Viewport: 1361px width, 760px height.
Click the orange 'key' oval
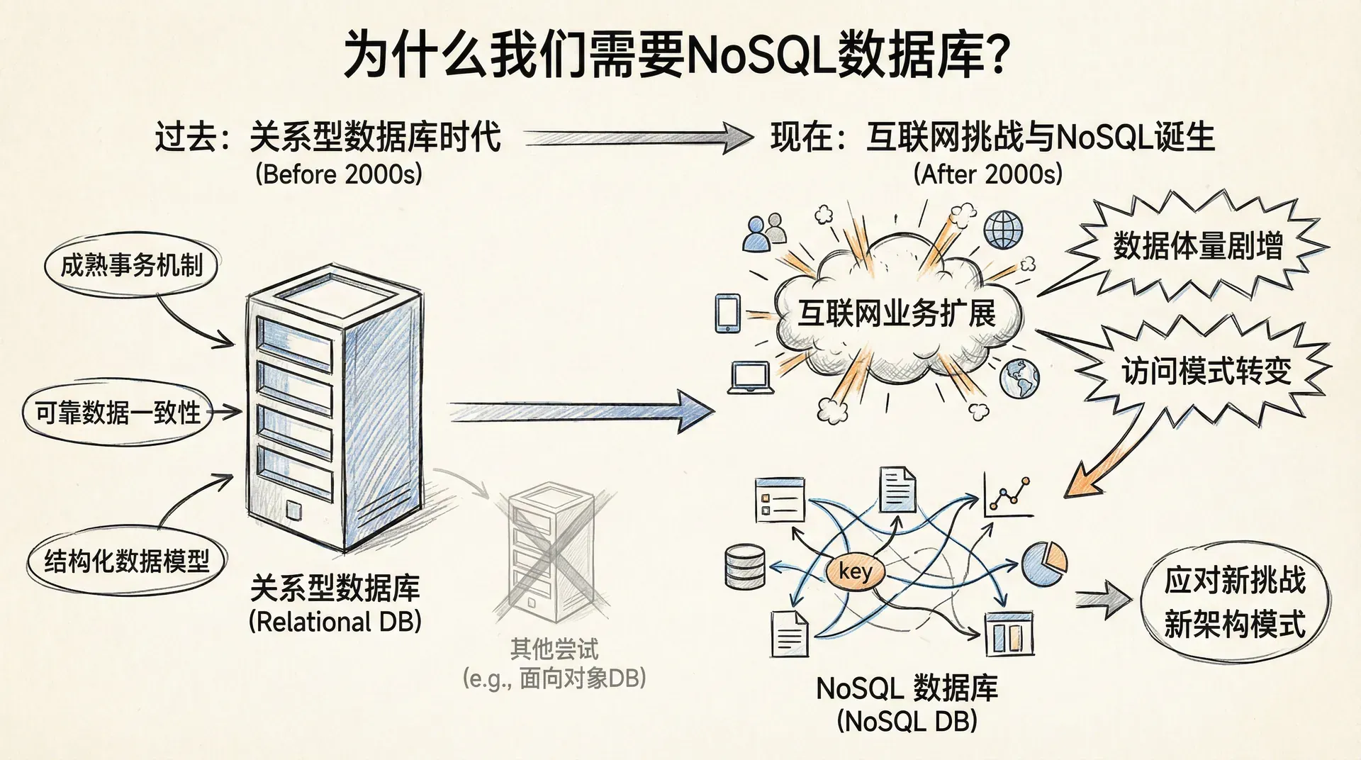[x=855, y=571]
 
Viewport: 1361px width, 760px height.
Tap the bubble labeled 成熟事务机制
[x=131, y=266]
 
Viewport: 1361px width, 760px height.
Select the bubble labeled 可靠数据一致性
[x=118, y=413]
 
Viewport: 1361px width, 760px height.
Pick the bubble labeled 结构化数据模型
[x=127, y=561]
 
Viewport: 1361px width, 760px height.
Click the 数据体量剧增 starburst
[x=1197, y=247]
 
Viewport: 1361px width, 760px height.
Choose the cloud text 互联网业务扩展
[x=897, y=313]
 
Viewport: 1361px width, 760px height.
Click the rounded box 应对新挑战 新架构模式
[x=1234, y=603]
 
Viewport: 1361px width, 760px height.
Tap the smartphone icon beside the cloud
[x=727, y=313]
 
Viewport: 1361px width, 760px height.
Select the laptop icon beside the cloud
[x=750, y=377]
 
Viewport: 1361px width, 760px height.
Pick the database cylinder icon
[x=745, y=567]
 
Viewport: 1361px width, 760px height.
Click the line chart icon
[x=1008, y=496]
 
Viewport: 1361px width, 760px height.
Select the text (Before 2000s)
[x=339, y=174]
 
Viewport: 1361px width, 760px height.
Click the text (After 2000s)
[x=988, y=174]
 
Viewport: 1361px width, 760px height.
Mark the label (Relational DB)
[x=335, y=622]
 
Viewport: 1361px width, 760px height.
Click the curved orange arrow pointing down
[x=1106, y=461]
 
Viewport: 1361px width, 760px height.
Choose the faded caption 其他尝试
[x=554, y=649]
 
